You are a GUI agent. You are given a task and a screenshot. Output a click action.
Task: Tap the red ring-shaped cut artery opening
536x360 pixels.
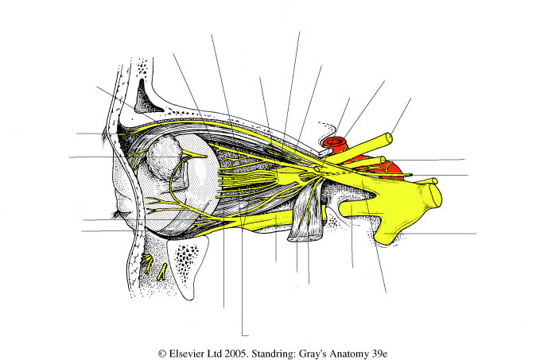click(335, 145)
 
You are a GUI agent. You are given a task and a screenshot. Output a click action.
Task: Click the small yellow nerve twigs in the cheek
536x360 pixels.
click(154, 265)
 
